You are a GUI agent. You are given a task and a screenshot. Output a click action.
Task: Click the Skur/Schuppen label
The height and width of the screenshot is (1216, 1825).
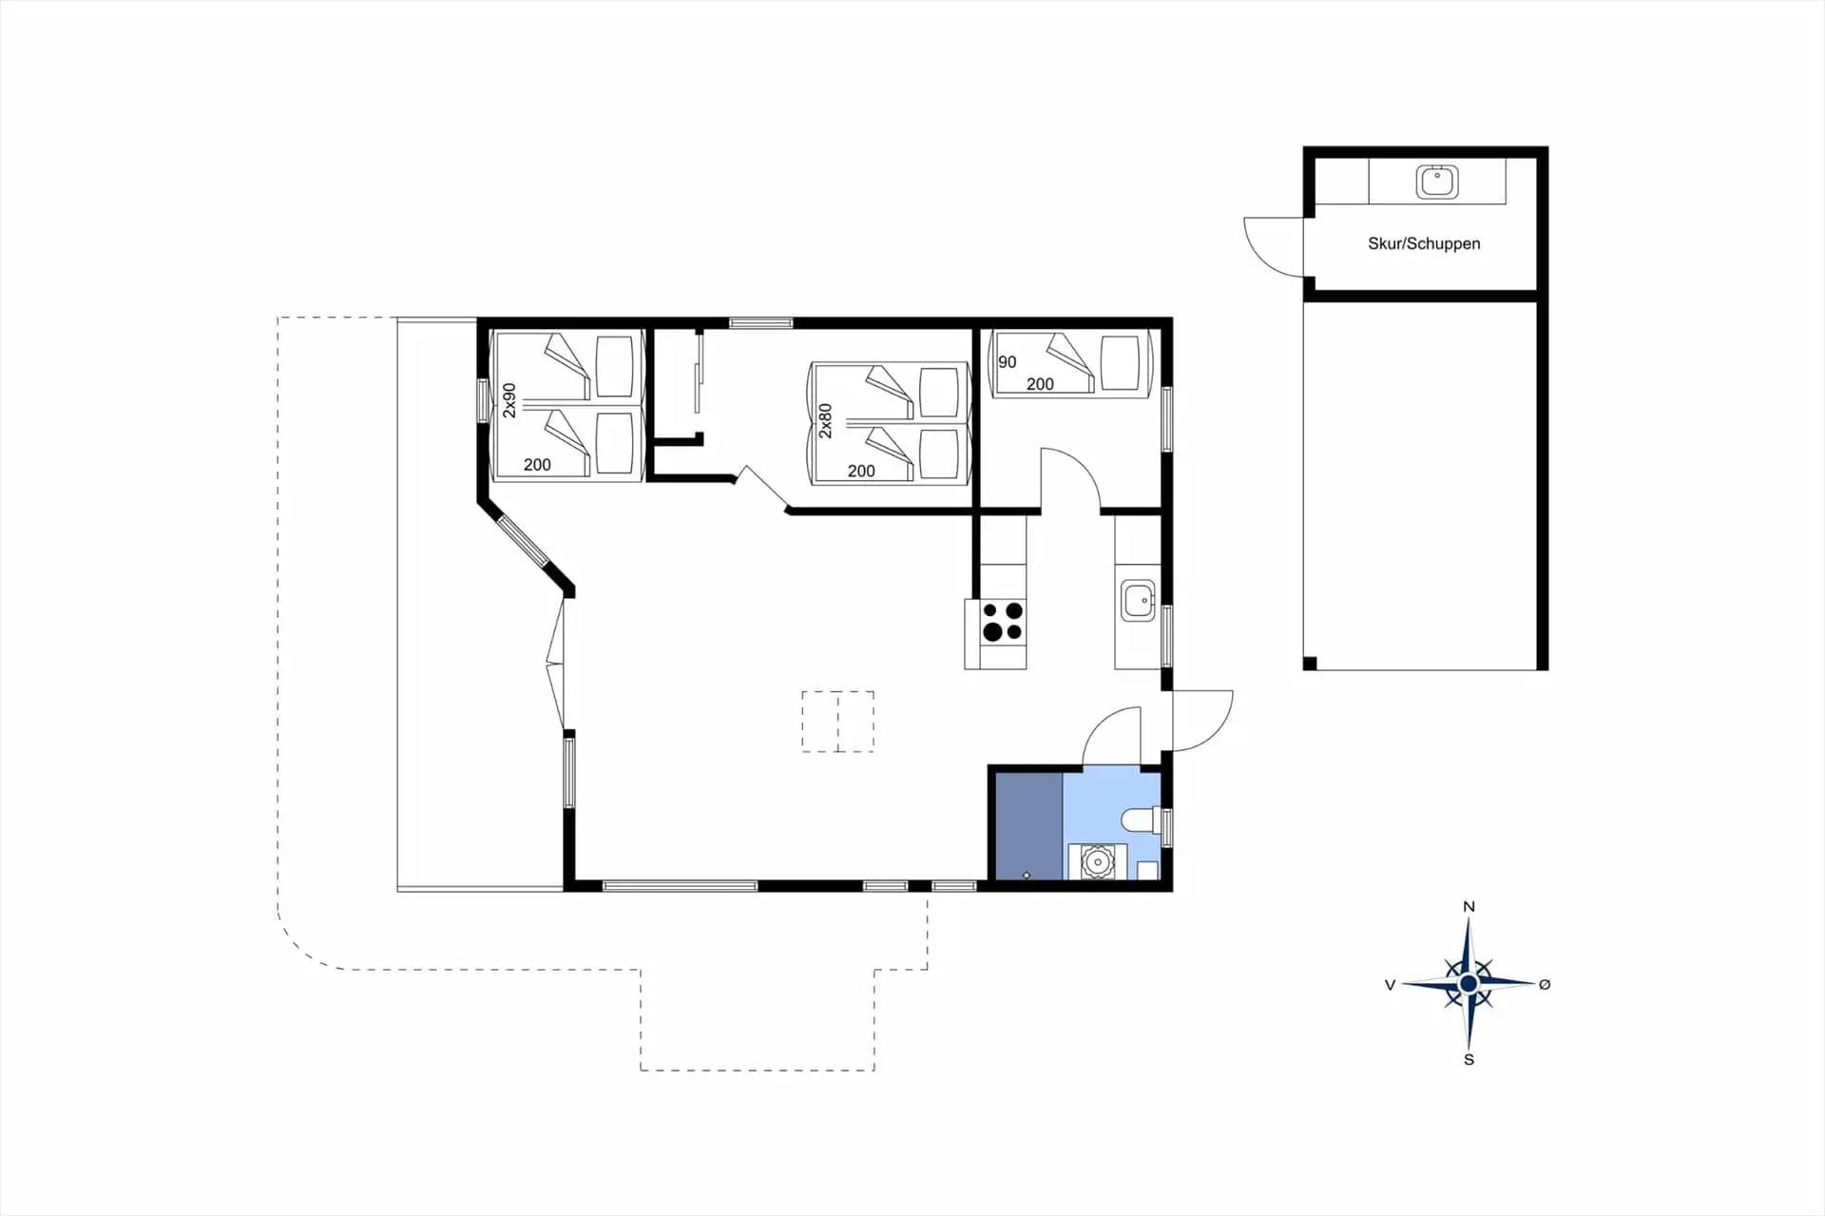(x=1424, y=243)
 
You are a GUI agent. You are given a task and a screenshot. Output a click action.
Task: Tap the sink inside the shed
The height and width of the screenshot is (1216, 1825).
(x=1437, y=182)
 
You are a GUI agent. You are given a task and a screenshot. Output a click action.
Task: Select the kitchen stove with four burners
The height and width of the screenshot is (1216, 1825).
(x=1003, y=621)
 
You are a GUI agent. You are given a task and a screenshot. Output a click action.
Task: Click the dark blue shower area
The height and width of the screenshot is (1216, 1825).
(x=1028, y=826)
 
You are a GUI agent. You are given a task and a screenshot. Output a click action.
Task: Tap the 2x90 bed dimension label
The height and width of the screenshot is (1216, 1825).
(x=509, y=400)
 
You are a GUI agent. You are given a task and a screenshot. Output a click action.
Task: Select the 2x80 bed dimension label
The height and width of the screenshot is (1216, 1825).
(x=825, y=420)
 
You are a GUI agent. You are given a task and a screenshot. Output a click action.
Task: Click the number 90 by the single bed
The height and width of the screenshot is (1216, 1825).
(x=1008, y=362)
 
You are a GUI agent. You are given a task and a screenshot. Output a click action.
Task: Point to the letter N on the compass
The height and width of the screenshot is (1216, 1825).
(x=1469, y=907)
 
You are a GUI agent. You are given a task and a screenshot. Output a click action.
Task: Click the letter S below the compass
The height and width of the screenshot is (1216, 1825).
(x=1469, y=1059)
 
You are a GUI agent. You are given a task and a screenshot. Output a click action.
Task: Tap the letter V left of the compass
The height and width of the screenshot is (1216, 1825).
(x=1390, y=985)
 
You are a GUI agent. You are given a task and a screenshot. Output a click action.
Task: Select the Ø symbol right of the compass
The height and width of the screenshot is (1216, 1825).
(x=1545, y=984)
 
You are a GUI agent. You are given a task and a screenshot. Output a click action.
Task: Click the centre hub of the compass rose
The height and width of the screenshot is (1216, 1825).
(x=1469, y=983)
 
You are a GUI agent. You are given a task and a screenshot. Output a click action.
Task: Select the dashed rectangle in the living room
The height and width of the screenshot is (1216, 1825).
(x=837, y=722)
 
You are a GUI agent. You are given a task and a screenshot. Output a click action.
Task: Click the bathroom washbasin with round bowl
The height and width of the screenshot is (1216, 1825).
(x=1098, y=862)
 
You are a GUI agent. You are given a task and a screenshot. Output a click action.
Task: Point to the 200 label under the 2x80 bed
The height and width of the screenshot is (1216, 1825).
(x=861, y=471)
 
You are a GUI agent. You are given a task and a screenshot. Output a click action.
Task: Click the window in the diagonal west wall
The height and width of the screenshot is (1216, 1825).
(x=524, y=541)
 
